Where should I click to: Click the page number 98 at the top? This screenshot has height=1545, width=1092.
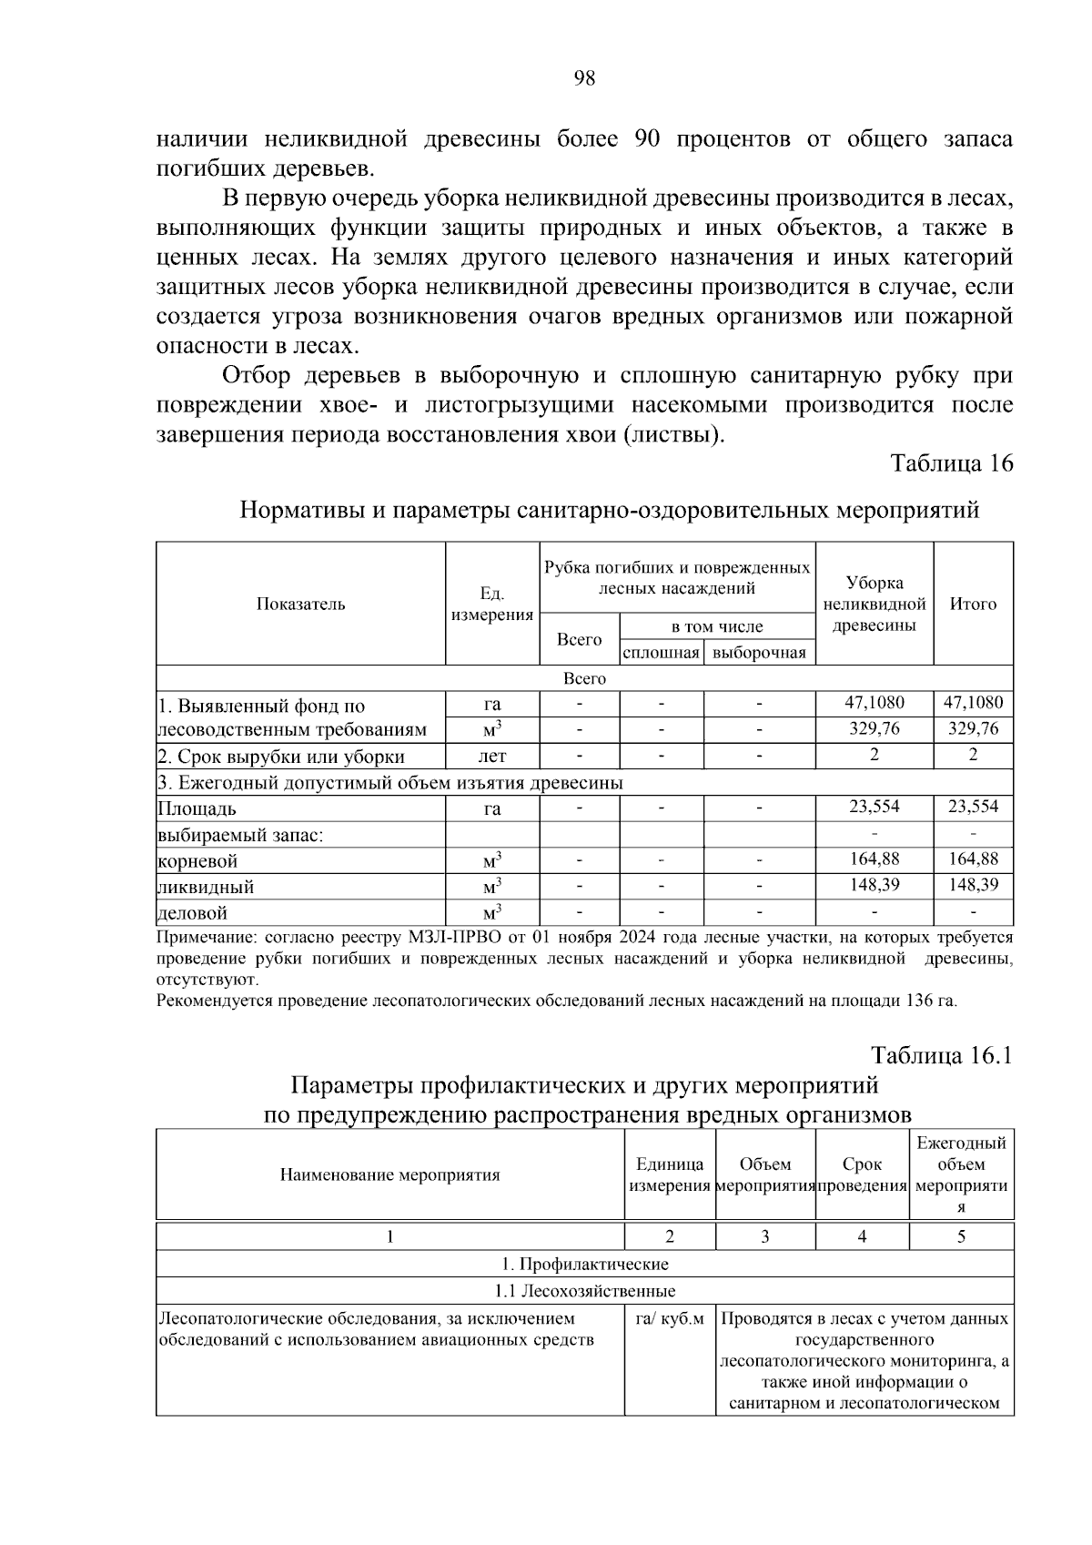[584, 78]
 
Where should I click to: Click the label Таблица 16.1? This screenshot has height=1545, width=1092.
[941, 1055]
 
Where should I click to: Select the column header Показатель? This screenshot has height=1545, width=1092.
[300, 604]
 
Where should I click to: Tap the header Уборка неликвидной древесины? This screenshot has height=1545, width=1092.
[874, 604]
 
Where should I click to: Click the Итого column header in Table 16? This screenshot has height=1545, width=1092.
[973, 604]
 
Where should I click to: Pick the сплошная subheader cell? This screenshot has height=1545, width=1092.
[661, 653]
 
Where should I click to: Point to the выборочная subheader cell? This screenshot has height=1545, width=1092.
[759, 653]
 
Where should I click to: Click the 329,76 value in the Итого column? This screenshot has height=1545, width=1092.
[973, 728]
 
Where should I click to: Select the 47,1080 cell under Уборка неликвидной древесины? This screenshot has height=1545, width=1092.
[874, 702]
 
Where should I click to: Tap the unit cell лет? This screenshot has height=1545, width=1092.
[491, 756]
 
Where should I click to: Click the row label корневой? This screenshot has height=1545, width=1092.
[197, 860]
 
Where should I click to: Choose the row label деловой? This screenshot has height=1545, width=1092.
[193, 912]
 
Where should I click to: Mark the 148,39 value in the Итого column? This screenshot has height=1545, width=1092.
[973, 884]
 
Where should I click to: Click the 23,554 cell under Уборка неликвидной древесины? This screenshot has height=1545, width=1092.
[874, 807]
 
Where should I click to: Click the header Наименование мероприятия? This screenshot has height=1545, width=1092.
[389, 1174]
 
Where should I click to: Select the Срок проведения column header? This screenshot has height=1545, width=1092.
[862, 1175]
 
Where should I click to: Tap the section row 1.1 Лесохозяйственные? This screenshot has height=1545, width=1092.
[584, 1291]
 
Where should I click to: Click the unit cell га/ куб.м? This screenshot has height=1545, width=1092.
[670, 1319]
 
